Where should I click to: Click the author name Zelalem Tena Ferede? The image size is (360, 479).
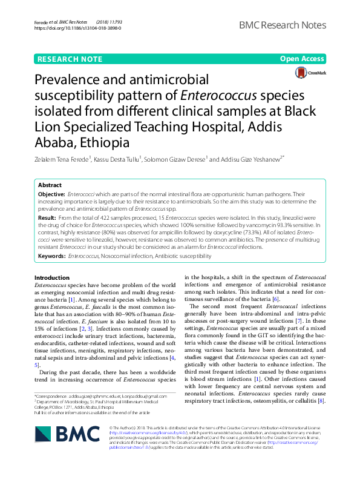pyautogui.click(x=62, y=159)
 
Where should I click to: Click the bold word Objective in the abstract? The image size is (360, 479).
pyautogui.click(x=52, y=194)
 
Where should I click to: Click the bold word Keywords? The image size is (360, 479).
pyautogui.click(x=52, y=256)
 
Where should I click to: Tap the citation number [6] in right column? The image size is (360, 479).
pyautogui.click(x=275, y=299)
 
